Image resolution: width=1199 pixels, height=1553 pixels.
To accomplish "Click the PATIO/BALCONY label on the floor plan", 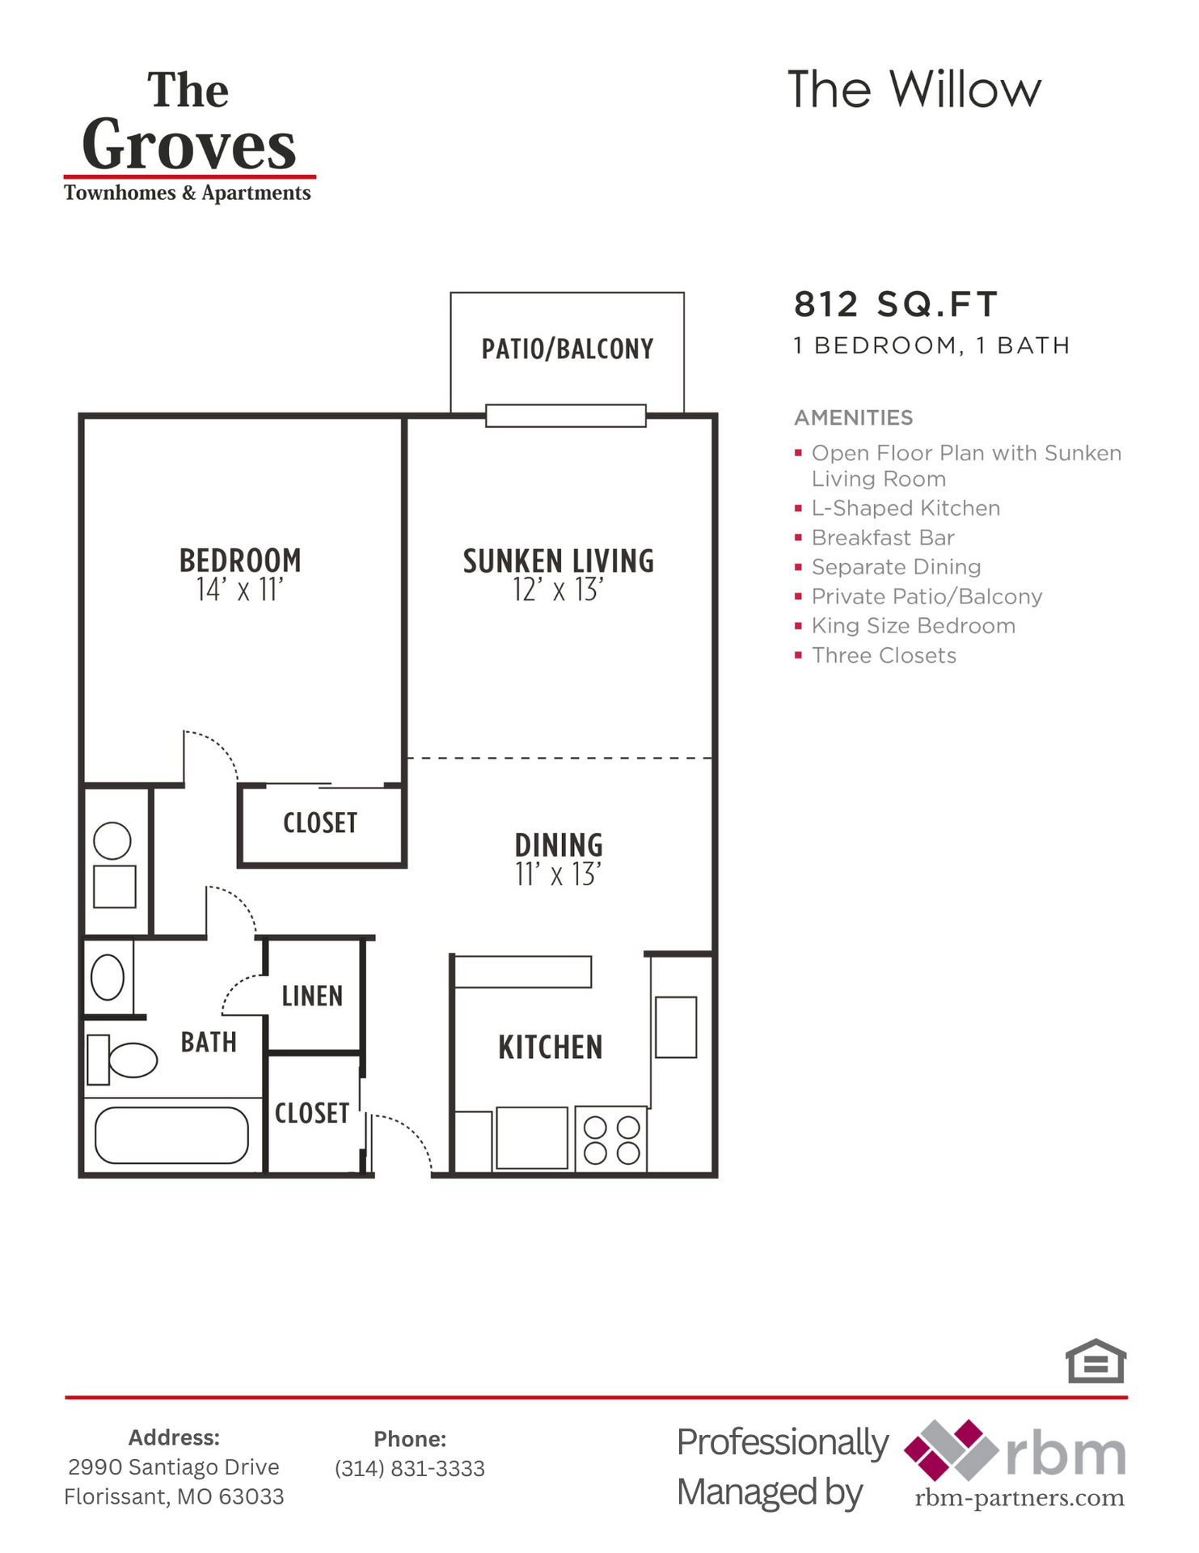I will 567,349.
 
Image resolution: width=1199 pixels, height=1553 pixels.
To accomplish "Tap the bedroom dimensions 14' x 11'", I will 239,590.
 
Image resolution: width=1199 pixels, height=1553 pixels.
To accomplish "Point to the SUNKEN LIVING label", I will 558,561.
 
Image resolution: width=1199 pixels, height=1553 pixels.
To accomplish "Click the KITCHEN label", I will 550,1047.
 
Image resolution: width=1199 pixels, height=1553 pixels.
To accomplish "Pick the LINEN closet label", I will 312,996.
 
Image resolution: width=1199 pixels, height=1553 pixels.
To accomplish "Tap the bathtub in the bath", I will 171,1135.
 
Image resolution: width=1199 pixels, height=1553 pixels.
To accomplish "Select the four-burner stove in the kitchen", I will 611,1140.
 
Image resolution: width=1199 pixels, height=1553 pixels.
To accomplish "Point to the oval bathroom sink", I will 108,977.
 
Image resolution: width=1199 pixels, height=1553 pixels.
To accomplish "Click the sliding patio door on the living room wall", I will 565,416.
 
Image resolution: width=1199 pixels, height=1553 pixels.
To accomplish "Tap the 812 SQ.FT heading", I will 895,305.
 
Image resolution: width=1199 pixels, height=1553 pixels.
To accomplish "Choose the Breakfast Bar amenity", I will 882,538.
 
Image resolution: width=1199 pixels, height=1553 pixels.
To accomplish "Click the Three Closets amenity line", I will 883,655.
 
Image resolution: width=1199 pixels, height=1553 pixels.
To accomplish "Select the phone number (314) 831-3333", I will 410,1468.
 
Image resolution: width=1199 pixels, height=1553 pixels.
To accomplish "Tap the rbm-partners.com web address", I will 1019,1498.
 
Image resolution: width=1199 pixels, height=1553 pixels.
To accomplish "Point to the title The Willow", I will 914,89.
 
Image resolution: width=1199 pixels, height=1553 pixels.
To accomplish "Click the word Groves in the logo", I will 189,146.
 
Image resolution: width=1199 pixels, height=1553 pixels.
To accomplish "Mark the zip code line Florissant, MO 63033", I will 174,1497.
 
